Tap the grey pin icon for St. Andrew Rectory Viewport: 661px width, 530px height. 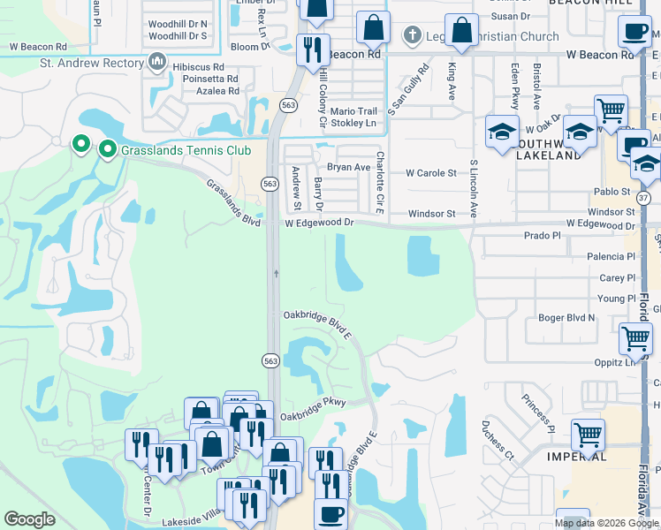(x=157, y=62)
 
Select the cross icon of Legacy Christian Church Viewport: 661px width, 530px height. (x=411, y=36)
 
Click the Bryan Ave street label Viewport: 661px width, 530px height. (x=348, y=167)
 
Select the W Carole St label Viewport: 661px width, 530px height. (x=430, y=174)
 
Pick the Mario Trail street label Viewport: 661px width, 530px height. (x=353, y=111)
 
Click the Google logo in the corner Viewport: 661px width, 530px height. (x=29, y=519)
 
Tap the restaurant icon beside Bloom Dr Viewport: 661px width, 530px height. (x=312, y=49)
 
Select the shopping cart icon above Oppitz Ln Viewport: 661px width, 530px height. (x=635, y=338)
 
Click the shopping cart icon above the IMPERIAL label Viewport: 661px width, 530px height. (x=588, y=434)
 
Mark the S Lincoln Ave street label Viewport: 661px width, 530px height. (x=474, y=189)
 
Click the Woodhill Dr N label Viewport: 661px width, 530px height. (x=178, y=24)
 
